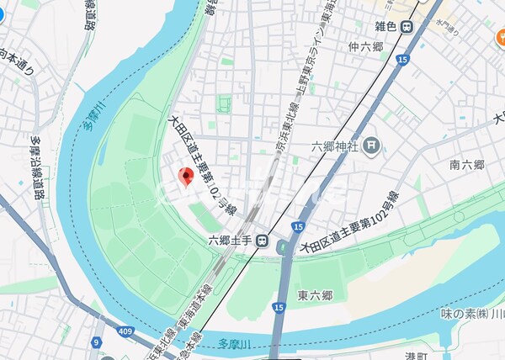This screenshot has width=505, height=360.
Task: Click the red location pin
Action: click(187, 177)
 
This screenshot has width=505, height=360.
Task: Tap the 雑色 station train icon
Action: click(407, 26)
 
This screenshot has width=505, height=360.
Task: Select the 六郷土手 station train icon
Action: click(263, 241)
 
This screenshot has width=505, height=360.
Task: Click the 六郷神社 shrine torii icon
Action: click(372, 146)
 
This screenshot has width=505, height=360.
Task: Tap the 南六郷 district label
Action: click(465, 165)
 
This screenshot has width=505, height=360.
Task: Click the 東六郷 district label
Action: click(315, 295)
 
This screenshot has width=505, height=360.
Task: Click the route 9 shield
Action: click(97, 341)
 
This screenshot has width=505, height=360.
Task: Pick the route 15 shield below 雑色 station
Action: click(403, 60)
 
